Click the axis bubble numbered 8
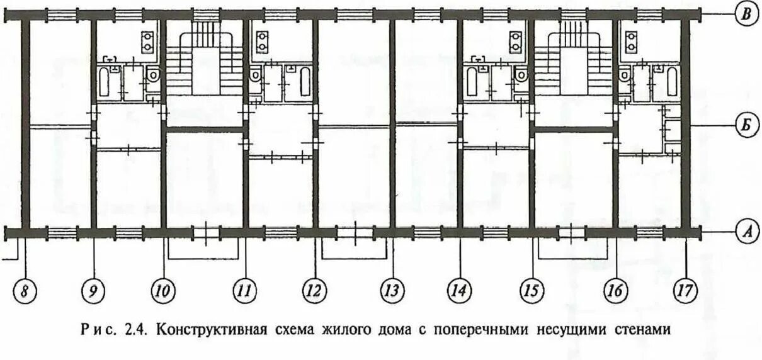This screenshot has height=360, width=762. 25,291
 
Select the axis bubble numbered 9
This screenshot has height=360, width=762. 93,291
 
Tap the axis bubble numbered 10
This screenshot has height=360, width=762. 162,291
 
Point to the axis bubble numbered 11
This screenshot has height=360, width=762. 245,291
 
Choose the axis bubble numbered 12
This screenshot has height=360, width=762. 315,291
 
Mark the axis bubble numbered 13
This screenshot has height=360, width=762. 392,291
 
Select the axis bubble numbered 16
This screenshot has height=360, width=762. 615,291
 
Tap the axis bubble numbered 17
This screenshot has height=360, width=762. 685,291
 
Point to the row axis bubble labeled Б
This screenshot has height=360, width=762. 746,127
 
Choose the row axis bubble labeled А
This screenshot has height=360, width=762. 746,232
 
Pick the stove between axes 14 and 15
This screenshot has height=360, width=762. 517,42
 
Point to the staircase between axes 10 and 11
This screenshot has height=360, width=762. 204,60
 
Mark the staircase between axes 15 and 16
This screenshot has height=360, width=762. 572,60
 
